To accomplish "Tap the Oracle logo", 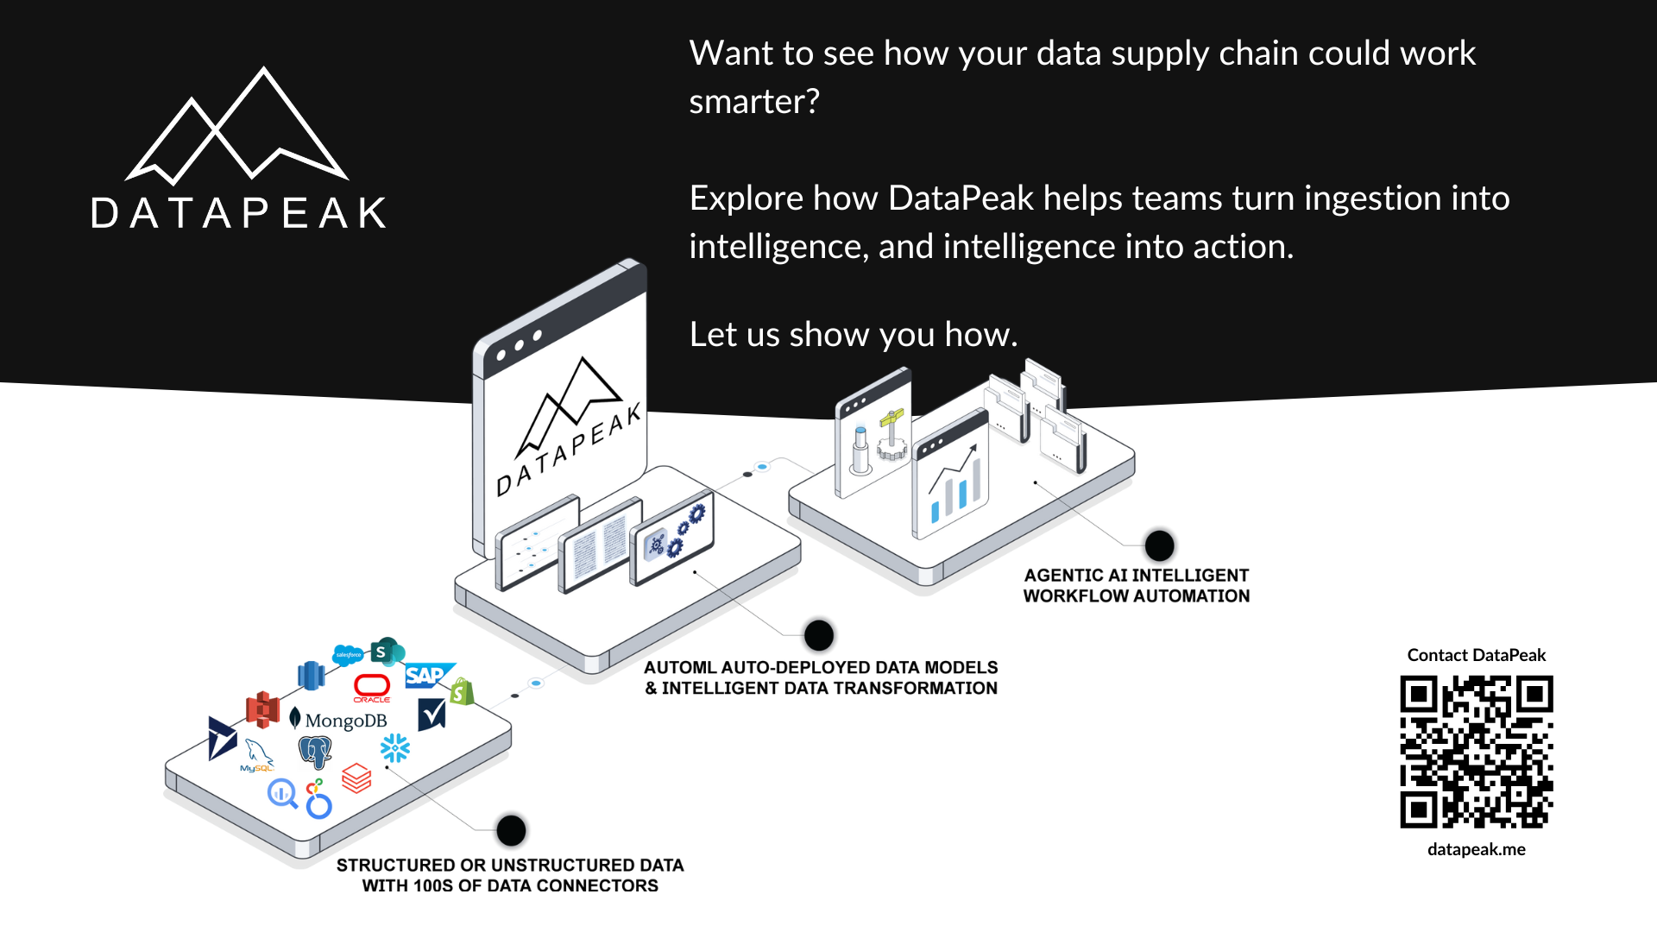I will tap(372, 688).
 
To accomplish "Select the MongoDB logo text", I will tap(345, 721).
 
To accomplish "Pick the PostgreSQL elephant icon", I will tap(315, 752).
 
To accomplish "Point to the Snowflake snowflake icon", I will tap(395, 748).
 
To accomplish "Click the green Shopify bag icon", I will tap(462, 691).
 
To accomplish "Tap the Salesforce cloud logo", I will tap(348, 655).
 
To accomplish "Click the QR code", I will tap(1476, 752).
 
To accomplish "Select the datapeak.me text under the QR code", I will tap(1476, 849).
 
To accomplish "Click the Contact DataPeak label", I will tap(1476, 655).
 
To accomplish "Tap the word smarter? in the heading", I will tap(753, 102).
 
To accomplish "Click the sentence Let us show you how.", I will tap(853, 335).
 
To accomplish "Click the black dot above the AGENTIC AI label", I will tap(1159, 545).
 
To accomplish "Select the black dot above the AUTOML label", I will tap(818, 635).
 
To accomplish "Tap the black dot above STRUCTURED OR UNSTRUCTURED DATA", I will tap(511, 830).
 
